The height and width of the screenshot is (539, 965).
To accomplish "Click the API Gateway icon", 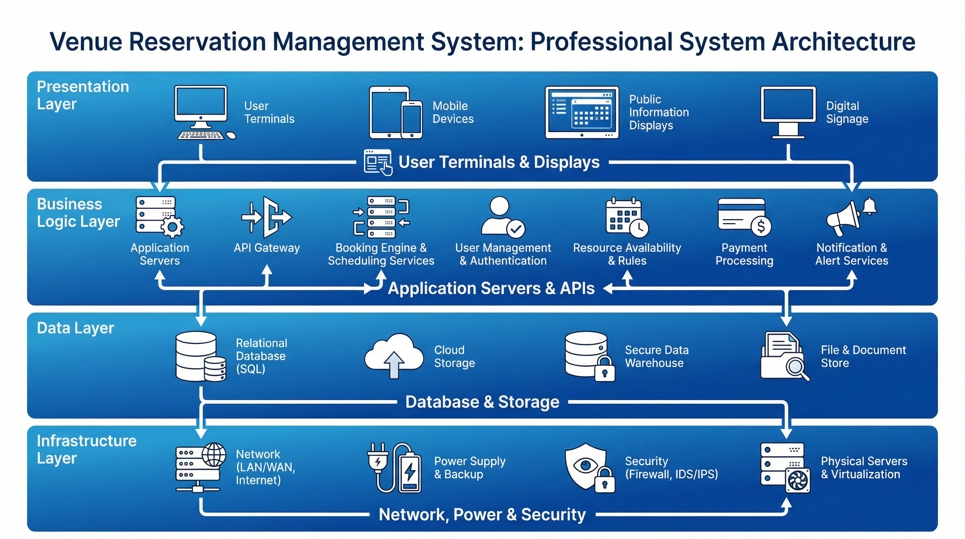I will [267, 217].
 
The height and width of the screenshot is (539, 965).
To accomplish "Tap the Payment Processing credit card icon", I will [743, 216].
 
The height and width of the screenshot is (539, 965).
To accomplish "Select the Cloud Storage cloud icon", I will [394, 354].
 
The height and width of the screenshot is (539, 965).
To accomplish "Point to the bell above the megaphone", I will [870, 206].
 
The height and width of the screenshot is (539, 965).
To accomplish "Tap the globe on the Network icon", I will [214, 454].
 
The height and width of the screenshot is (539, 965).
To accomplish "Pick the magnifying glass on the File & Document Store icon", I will [796, 368].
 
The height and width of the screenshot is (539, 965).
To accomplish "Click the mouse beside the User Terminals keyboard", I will [231, 135].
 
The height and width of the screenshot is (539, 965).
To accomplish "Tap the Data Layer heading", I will [75, 328].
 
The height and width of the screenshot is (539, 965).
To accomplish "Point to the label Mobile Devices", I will [453, 112].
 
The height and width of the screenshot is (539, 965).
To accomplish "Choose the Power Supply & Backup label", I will [470, 467].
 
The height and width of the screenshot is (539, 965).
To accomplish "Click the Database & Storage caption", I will [482, 402].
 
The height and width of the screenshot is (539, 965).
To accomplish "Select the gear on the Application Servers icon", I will [172, 226].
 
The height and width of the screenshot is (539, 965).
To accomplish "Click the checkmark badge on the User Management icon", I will [516, 228].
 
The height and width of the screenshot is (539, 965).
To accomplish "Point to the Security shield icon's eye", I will [585, 465].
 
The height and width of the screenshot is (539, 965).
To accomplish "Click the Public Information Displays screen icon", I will [581, 112].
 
